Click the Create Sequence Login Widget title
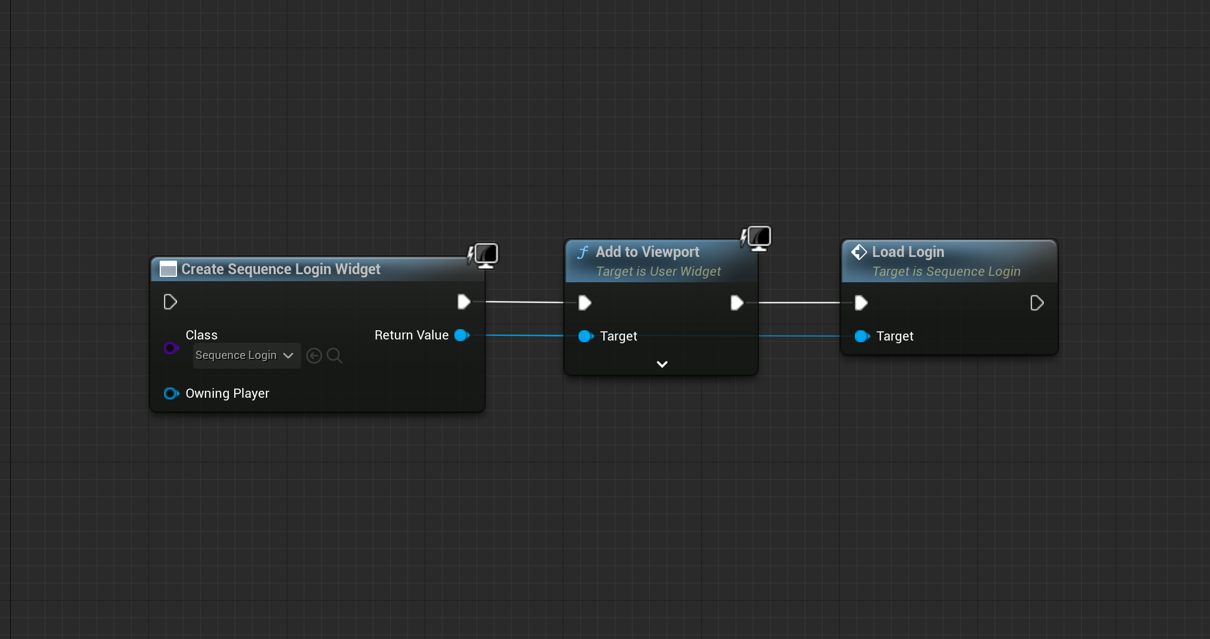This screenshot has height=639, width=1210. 281,269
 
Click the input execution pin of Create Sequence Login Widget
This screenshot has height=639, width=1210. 170,302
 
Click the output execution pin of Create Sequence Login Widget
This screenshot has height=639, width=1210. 464,302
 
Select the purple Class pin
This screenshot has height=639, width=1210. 171,348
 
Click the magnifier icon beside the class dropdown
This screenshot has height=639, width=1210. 335,356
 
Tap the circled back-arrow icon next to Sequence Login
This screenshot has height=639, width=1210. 314,356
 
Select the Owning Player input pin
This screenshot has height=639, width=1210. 171,393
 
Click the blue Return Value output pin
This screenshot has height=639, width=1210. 462,335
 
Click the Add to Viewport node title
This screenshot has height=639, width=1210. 647,252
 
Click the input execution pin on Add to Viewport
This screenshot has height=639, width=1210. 584,303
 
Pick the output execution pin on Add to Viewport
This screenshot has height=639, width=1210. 737,303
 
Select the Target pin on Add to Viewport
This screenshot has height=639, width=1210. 586,336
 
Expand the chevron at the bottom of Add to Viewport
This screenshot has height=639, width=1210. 662,364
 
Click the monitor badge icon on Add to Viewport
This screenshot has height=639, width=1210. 757,239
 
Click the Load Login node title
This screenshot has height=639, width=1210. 908,252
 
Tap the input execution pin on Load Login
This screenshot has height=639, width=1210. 861,303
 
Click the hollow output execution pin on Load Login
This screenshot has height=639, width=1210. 1037,303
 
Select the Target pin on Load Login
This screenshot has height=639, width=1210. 862,336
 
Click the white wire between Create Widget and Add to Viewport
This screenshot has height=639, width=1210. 525,302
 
